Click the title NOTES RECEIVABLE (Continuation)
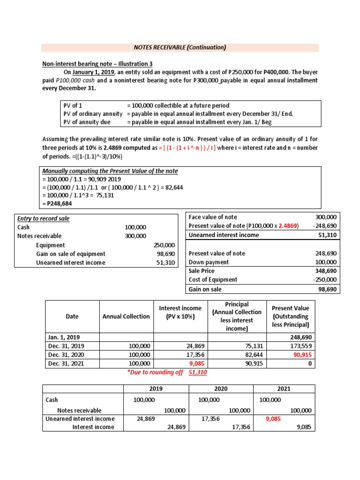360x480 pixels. click(180, 47)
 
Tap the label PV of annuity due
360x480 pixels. click(87, 122)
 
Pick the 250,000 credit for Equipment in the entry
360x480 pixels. click(164, 245)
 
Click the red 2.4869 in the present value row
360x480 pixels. click(287, 226)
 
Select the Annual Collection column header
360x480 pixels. click(126, 316)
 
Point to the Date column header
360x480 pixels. click(72, 316)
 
